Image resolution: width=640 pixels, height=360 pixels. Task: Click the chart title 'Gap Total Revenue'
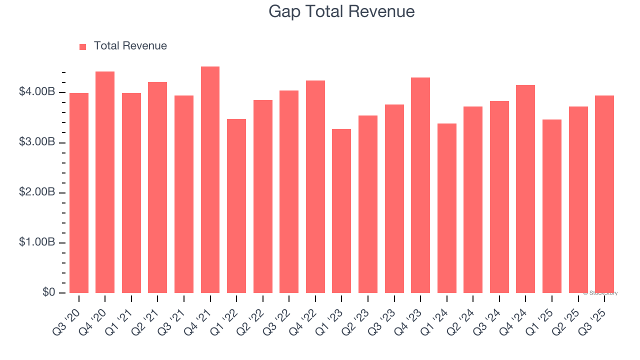pos(341,11)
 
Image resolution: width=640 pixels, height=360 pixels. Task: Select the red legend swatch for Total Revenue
pos(83,46)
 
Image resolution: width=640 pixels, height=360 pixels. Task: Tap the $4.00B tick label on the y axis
pos(36,92)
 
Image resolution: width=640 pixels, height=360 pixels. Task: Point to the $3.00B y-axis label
pos(36,142)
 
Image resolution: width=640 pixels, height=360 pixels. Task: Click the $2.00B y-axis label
pos(36,192)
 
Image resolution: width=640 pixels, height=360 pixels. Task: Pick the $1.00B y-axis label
pos(36,242)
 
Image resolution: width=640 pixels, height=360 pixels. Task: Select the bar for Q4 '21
pos(210,180)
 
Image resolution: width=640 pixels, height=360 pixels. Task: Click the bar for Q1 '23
pos(341,211)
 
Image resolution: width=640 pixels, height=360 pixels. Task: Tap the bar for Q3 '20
pos(79,193)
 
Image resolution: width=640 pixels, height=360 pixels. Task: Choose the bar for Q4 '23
pos(420,185)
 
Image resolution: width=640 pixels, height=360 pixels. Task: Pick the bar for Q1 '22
pos(236,206)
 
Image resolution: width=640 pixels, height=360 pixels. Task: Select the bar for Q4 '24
pos(525,189)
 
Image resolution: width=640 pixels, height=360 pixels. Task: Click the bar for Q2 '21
pos(157,187)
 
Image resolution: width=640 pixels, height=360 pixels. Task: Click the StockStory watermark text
pos(600,293)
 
